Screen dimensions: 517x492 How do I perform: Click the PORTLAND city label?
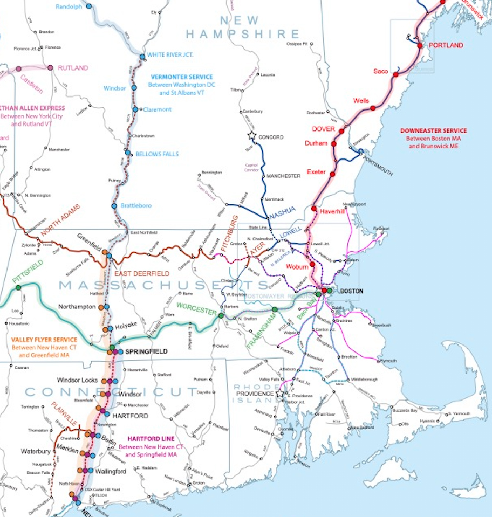pyautogui.click(x=446, y=45)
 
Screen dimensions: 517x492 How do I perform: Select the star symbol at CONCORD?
pyautogui.click(x=251, y=135)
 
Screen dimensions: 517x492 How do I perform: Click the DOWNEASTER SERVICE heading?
pyautogui.click(x=434, y=130)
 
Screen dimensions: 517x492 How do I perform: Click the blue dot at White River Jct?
pyautogui.click(x=142, y=56)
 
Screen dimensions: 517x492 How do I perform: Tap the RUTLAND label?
pyautogui.click(x=73, y=68)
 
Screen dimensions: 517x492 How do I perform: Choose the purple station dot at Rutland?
pyautogui.click(x=50, y=68)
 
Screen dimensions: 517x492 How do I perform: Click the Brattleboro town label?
pyautogui.click(x=136, y=205)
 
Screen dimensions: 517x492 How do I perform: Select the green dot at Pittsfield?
pyautogui.click(x=18, y=287)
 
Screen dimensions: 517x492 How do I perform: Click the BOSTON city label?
pyautogui.click(x=351, y=291)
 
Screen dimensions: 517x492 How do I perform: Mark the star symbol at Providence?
pyautogui.click(x=279, y=394)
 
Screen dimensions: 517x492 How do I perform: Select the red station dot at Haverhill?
pyautogui.click(x=313, y=208)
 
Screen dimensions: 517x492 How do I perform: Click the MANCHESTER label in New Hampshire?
pyautogui.click(x=283, y=176)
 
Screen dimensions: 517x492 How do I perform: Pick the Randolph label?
pyautogui.click(x=69, y=6)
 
